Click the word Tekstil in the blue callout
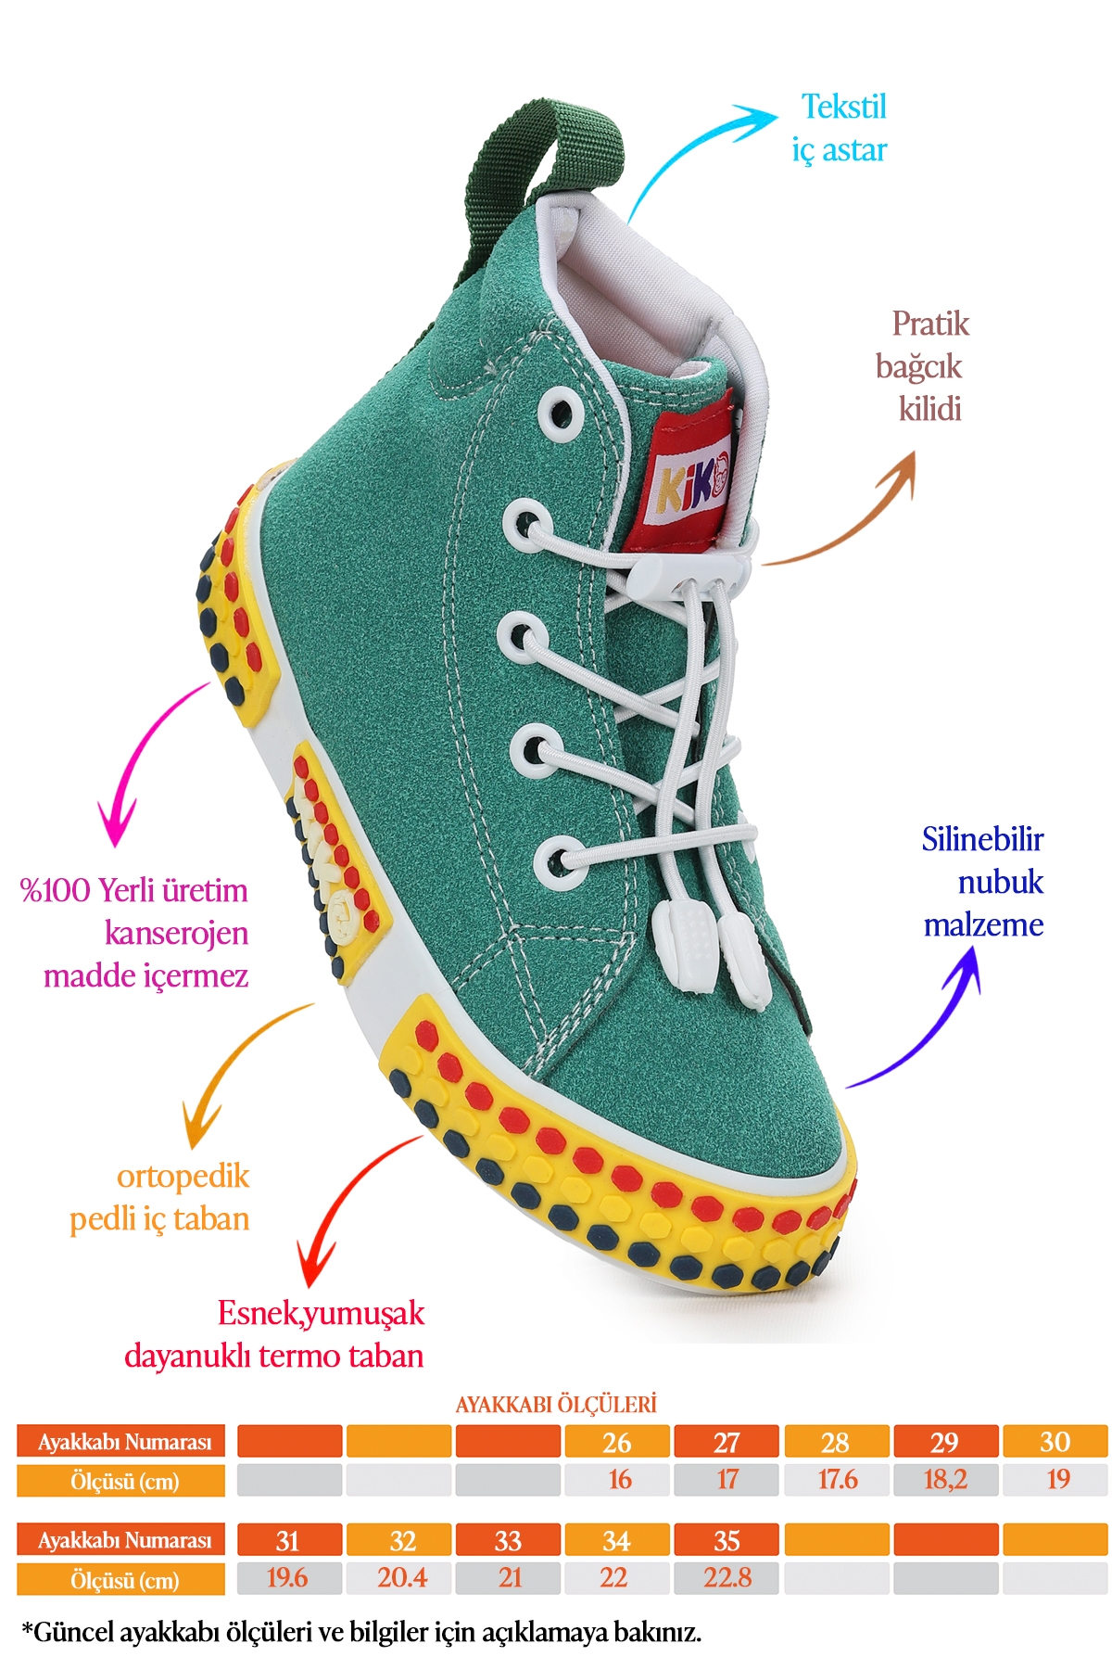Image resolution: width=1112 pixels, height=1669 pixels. (x=843, y=108)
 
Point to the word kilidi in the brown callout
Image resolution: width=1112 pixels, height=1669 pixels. (x=929, y=409)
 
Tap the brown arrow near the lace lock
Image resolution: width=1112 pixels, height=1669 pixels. (x=862, y=519)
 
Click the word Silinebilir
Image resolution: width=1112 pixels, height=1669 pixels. (x=982, y=839)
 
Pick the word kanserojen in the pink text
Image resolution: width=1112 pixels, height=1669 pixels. (x=176, y=933)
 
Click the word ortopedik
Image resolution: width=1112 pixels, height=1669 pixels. (x=183, y=1177)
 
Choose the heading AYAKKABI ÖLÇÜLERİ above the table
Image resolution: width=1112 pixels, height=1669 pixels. (x=556, y=1404)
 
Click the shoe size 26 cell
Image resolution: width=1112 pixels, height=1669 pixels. (x=616, y=1442)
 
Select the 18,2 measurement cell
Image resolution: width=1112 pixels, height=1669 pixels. (x=945, y=1479)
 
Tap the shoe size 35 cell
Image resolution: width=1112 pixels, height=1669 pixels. (x=727, y=1540)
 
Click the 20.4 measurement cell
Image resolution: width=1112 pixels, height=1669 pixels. (x=401, y=1577)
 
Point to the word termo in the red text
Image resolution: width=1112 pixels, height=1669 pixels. (x=299, y=1356)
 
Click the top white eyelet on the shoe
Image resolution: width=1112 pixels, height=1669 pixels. (x=560, y=411)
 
